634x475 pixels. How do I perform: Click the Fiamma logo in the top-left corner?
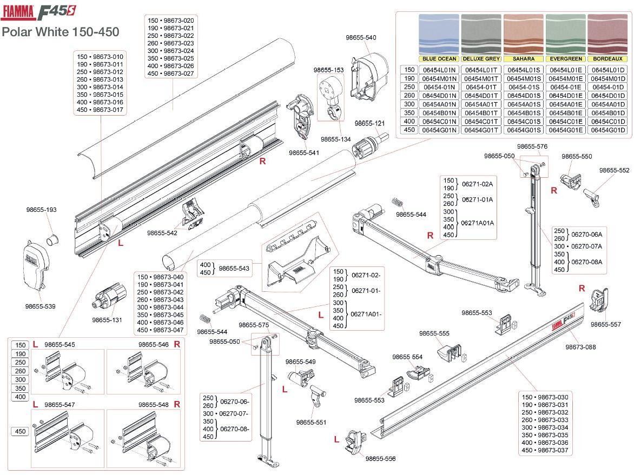18,11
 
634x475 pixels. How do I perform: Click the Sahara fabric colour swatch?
523,34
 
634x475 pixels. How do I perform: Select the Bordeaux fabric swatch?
607,34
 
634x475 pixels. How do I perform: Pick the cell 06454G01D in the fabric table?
607,130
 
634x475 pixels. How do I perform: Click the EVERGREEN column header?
565,58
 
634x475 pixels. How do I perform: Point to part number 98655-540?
361,37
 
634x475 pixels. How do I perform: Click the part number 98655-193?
41,210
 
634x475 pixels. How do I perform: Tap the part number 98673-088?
580,347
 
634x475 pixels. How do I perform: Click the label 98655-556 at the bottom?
380,459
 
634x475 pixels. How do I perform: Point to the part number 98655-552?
614,170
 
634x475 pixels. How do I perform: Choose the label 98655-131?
107,320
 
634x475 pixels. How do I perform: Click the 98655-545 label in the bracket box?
60,344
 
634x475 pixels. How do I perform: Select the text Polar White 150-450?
61,31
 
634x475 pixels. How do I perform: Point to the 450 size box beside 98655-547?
20,432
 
